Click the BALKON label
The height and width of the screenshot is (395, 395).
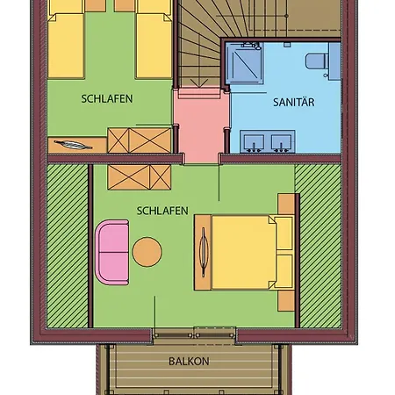[189, 362]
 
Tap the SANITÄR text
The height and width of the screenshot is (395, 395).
[294, 102]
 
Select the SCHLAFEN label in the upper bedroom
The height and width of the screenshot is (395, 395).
[107, 99]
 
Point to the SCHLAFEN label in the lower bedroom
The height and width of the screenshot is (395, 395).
[162, 211]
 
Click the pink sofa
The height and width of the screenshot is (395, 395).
[112, 252]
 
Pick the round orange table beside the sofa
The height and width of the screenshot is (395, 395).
[147, 252]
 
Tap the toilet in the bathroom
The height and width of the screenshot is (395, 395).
[315, 61]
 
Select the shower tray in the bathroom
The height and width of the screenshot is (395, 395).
[244, 63]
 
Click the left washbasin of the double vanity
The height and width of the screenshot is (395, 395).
[254, 142]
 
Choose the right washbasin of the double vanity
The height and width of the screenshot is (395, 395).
[281, 142]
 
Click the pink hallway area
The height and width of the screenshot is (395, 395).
[201, 126]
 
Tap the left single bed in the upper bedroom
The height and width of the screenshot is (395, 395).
[66, 39]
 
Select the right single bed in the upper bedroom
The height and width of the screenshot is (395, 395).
[154, 39]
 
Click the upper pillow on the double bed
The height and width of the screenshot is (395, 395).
[284, 233]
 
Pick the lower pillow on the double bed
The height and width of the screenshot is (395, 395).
[284, 270]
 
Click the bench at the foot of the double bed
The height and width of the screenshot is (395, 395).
[203, 252]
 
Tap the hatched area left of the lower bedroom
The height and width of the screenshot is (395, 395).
[68, 246]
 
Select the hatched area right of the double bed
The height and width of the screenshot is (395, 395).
[320, 246]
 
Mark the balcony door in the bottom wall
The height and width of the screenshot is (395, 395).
[194, 335]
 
